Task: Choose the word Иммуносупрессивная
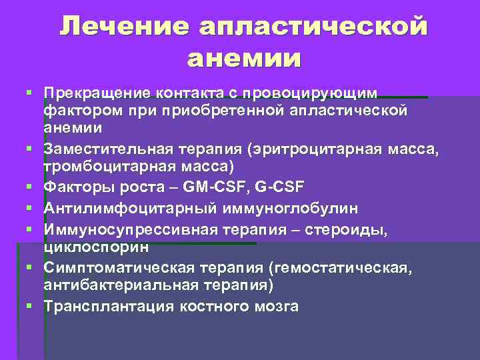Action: tap(122, 229)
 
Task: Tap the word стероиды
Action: tap(347, 229)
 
